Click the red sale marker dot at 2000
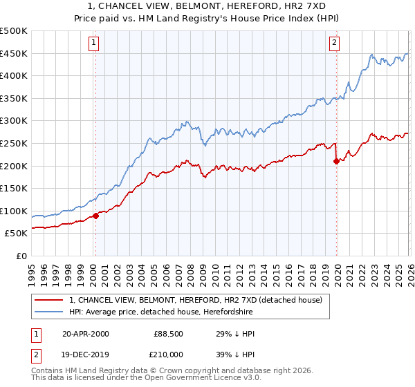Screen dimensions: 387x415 click(95, 216)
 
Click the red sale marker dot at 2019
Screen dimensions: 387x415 click(336, 161)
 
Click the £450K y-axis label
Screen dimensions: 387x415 click(15, 53)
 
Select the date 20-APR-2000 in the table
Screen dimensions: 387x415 click(85, 334)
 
